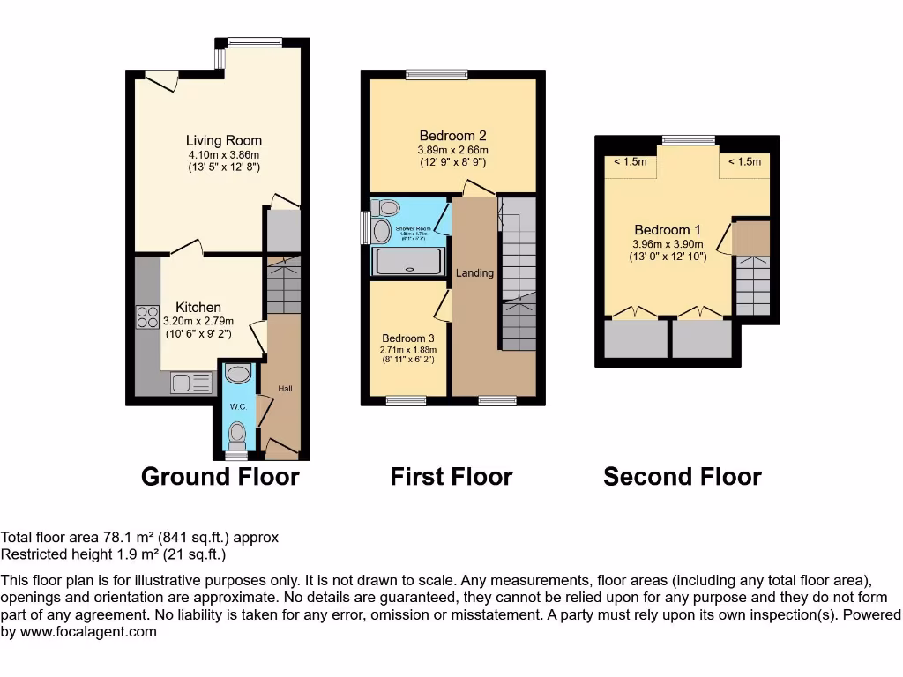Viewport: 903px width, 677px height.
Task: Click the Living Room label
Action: [223, 140]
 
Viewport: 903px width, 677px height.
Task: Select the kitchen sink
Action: [190, 382]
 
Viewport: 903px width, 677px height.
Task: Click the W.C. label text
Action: [237, 406]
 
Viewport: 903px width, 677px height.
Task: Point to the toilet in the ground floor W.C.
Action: [236, 434]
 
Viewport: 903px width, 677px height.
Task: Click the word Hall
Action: [285, 389]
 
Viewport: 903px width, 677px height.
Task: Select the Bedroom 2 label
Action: [452, 136]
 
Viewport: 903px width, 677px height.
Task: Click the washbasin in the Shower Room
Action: [382, 231]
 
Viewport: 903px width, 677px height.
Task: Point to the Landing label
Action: [474, 273]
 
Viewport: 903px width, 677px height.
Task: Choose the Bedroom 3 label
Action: [408, 338]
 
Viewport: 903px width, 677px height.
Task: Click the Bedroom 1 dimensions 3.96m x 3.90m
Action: [668, 244]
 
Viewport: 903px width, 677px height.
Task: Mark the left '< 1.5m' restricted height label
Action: [630, 161]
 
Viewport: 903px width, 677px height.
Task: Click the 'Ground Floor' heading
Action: [220, 477]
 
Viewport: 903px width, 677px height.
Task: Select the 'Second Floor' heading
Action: [682, 477]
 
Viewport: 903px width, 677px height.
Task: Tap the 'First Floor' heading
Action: [451, 477]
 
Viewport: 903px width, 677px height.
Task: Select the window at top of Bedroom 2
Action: [437, 75]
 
